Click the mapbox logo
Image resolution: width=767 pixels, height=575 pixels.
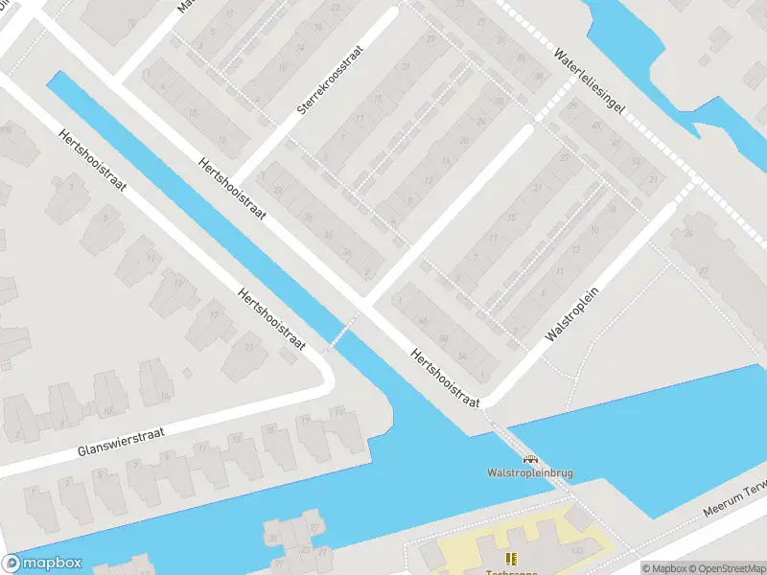pyautogui.click(x=42, y=563)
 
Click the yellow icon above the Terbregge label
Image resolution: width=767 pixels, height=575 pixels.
pyautogui.click(x=510, y=558)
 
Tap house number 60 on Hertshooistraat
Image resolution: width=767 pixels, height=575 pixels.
pyautogui.click(x=443, y=340)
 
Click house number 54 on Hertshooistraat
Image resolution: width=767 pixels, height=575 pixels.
pyautogui.click(x=464, y=356)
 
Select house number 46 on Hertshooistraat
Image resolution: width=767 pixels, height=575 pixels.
pyautogui.click(x=421, y=320)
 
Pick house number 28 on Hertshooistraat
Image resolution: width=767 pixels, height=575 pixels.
pyautogui.click(x=307, y=217)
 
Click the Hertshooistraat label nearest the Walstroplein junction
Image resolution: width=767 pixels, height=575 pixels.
pyautogui.click(x=444, y=378)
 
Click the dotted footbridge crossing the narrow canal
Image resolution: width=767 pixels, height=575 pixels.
pyautogui.click(x=341, y=333)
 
